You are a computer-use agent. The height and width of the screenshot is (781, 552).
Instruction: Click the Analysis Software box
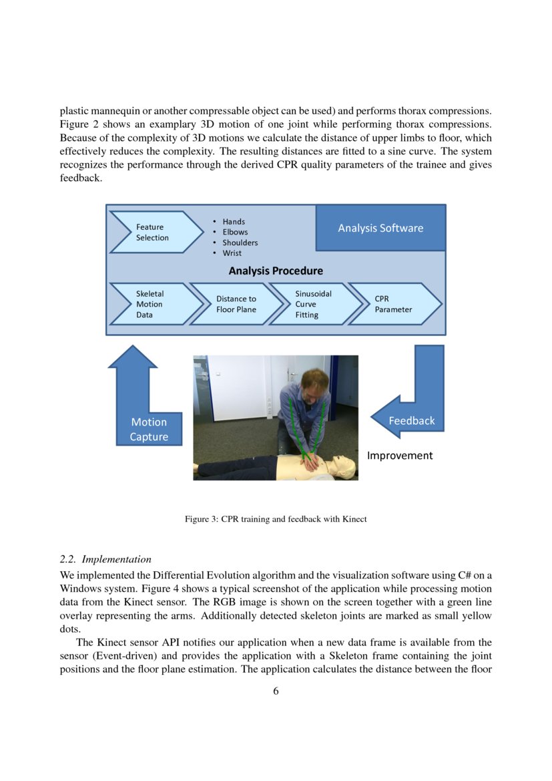click(x=380, y=228)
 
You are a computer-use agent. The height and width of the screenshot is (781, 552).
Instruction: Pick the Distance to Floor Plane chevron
click(x=236, y=304)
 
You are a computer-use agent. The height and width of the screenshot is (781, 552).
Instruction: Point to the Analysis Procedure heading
click(x=276, y=271)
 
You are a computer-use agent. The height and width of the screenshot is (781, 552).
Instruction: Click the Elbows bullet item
click(x=235, y=232)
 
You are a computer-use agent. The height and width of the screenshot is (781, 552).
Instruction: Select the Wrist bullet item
click(x=232, y=253)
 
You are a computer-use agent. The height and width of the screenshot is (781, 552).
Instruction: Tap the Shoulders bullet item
click(x=240, y=243)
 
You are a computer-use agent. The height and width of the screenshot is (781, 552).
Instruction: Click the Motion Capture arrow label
click(x=149, y=430)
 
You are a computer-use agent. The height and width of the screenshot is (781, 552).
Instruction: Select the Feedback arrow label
click(x=411, y=420)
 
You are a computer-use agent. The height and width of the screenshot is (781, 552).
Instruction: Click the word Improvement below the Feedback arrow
click(x=400, y=455)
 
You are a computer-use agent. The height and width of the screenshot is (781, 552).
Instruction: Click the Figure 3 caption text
click(x=276, y=519)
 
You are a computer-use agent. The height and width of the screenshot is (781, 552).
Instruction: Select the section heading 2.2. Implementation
click(x=105, y=559)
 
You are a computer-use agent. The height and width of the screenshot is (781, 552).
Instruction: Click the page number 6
click(x=276, y=691)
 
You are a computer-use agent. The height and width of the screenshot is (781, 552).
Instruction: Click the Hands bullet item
click(x=234, y=221)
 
